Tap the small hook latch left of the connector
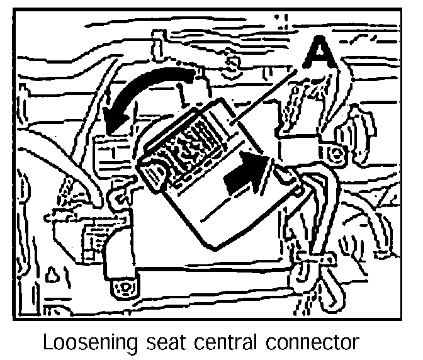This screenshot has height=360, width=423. [x=116, y=198]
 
